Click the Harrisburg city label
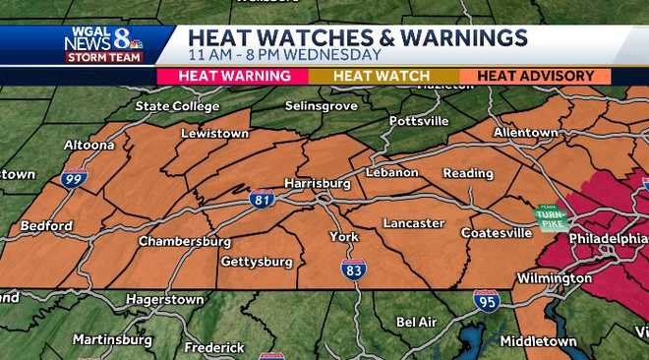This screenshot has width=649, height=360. pos(318,183)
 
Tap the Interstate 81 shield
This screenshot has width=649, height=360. pos(262,198)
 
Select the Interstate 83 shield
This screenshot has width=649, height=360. pos(354,268)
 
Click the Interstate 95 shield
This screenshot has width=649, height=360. pos(486,300)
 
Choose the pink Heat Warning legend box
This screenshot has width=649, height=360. pos(233,76)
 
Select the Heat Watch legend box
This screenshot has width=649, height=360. pos(382,76)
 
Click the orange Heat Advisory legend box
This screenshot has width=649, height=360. pos(535,76)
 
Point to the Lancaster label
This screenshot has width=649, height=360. pos(413,223)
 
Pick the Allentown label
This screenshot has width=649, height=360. pos(525,132)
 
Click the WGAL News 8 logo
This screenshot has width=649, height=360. pos(103,44)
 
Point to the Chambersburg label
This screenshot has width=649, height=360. pos(184,241)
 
